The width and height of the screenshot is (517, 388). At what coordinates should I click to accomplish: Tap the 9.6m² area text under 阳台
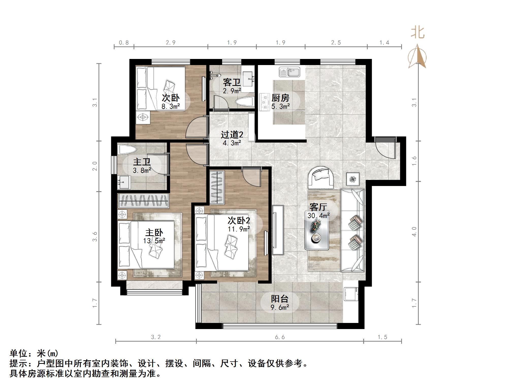point(280,308)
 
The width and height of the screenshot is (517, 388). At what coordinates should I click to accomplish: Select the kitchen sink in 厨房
point(289,72)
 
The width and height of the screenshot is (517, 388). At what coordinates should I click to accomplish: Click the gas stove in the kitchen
point(264,102)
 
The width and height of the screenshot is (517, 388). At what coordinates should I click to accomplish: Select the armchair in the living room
point(321,177)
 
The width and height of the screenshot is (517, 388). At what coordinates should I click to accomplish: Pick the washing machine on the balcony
point(351,294)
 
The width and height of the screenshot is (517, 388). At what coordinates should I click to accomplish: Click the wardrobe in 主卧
point(143,200)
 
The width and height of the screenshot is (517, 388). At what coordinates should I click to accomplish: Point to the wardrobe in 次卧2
point(217,187)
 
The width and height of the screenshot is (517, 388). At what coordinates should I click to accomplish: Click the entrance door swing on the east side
point(385,149)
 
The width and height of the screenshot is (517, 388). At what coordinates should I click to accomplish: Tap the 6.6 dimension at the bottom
point(280,337)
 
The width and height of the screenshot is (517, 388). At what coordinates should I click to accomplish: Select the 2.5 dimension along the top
point(336,43)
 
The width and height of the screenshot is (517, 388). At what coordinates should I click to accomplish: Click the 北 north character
point(417,33)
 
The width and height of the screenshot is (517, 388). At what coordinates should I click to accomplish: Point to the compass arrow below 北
point(417,57)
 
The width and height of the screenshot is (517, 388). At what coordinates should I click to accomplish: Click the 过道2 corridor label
point(232,134)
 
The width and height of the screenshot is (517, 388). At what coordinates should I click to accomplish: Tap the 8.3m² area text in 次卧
point(171,106)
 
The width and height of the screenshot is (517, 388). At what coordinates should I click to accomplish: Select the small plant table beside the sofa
point(353,179)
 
